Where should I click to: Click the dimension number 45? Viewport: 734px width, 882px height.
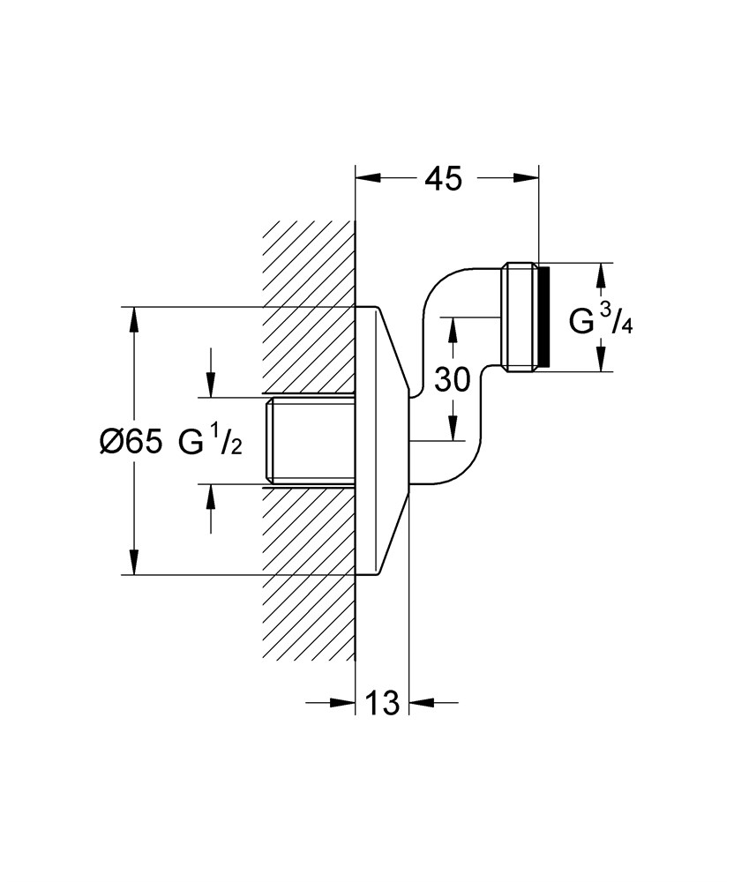[443, 179]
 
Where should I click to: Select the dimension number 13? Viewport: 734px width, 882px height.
[381, 703]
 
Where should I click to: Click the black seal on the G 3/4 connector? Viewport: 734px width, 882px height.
[543, 316]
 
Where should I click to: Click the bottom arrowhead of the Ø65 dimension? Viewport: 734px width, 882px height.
[134, 563]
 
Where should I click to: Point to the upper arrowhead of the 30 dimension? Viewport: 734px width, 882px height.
[453, 328]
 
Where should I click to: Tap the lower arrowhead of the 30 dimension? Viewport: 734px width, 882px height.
[453, 429]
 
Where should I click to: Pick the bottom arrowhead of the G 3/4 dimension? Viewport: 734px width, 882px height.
[600, 360]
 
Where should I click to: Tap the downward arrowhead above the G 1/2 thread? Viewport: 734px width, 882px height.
[211, 383]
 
